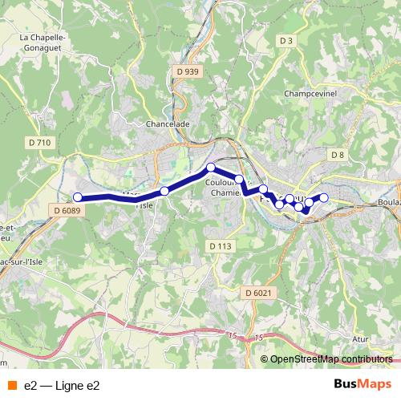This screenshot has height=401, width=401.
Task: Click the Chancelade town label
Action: click(x=168, y=124)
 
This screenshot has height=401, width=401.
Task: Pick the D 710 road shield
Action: click(x=38, y=143)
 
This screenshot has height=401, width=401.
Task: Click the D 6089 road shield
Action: click(x=67, y=210)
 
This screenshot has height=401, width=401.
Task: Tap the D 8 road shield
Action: click(x=337, y=155)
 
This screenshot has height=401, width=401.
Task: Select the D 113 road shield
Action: click(x=218, y=245)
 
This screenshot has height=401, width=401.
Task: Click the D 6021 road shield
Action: click(x=260, y=293)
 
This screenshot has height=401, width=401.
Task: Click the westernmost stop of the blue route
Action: click(x=78, y=197)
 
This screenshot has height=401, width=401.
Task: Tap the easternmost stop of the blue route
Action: click(x=324, y=197)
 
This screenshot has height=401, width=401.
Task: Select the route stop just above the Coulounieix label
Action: click(x=211, y=168)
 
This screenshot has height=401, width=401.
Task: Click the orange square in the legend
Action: click(x=12, y=386)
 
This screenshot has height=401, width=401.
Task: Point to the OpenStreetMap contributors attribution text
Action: click(x=331, y=359)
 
